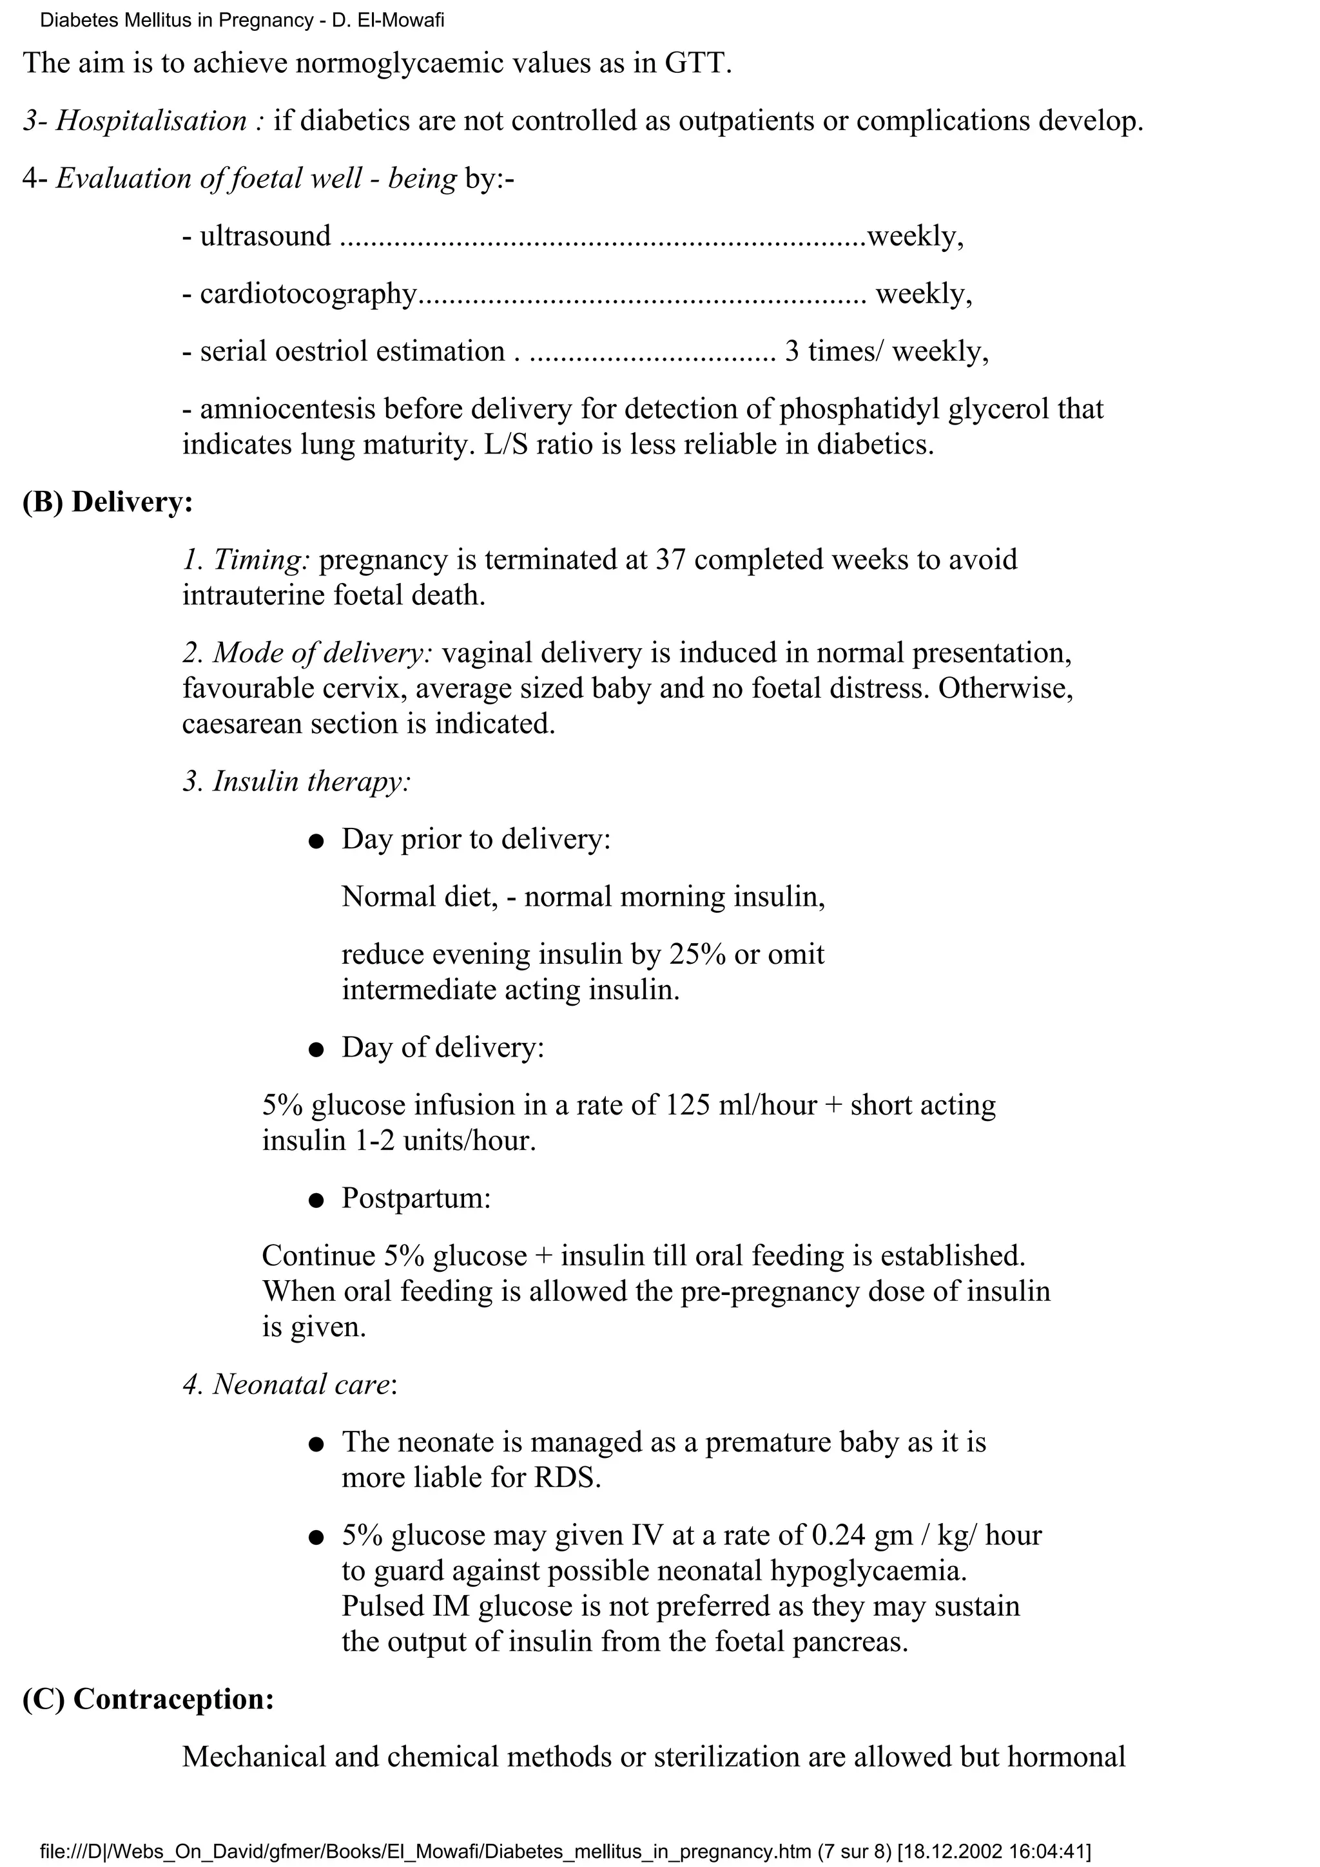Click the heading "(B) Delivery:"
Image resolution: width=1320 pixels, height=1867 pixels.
(x=108, y=503)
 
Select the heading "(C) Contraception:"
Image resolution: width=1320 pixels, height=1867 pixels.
(x=148, y=1699)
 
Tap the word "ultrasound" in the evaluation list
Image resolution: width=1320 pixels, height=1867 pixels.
(x=265, y=236)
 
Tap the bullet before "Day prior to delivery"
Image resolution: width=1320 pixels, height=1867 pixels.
(x=316, y=841)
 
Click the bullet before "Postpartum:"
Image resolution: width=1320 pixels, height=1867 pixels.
(x=316, y=1201)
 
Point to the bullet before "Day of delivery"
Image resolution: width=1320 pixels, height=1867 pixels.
(x=316, y=1049)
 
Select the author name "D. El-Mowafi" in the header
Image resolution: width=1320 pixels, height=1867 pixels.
(x=388, y=21)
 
